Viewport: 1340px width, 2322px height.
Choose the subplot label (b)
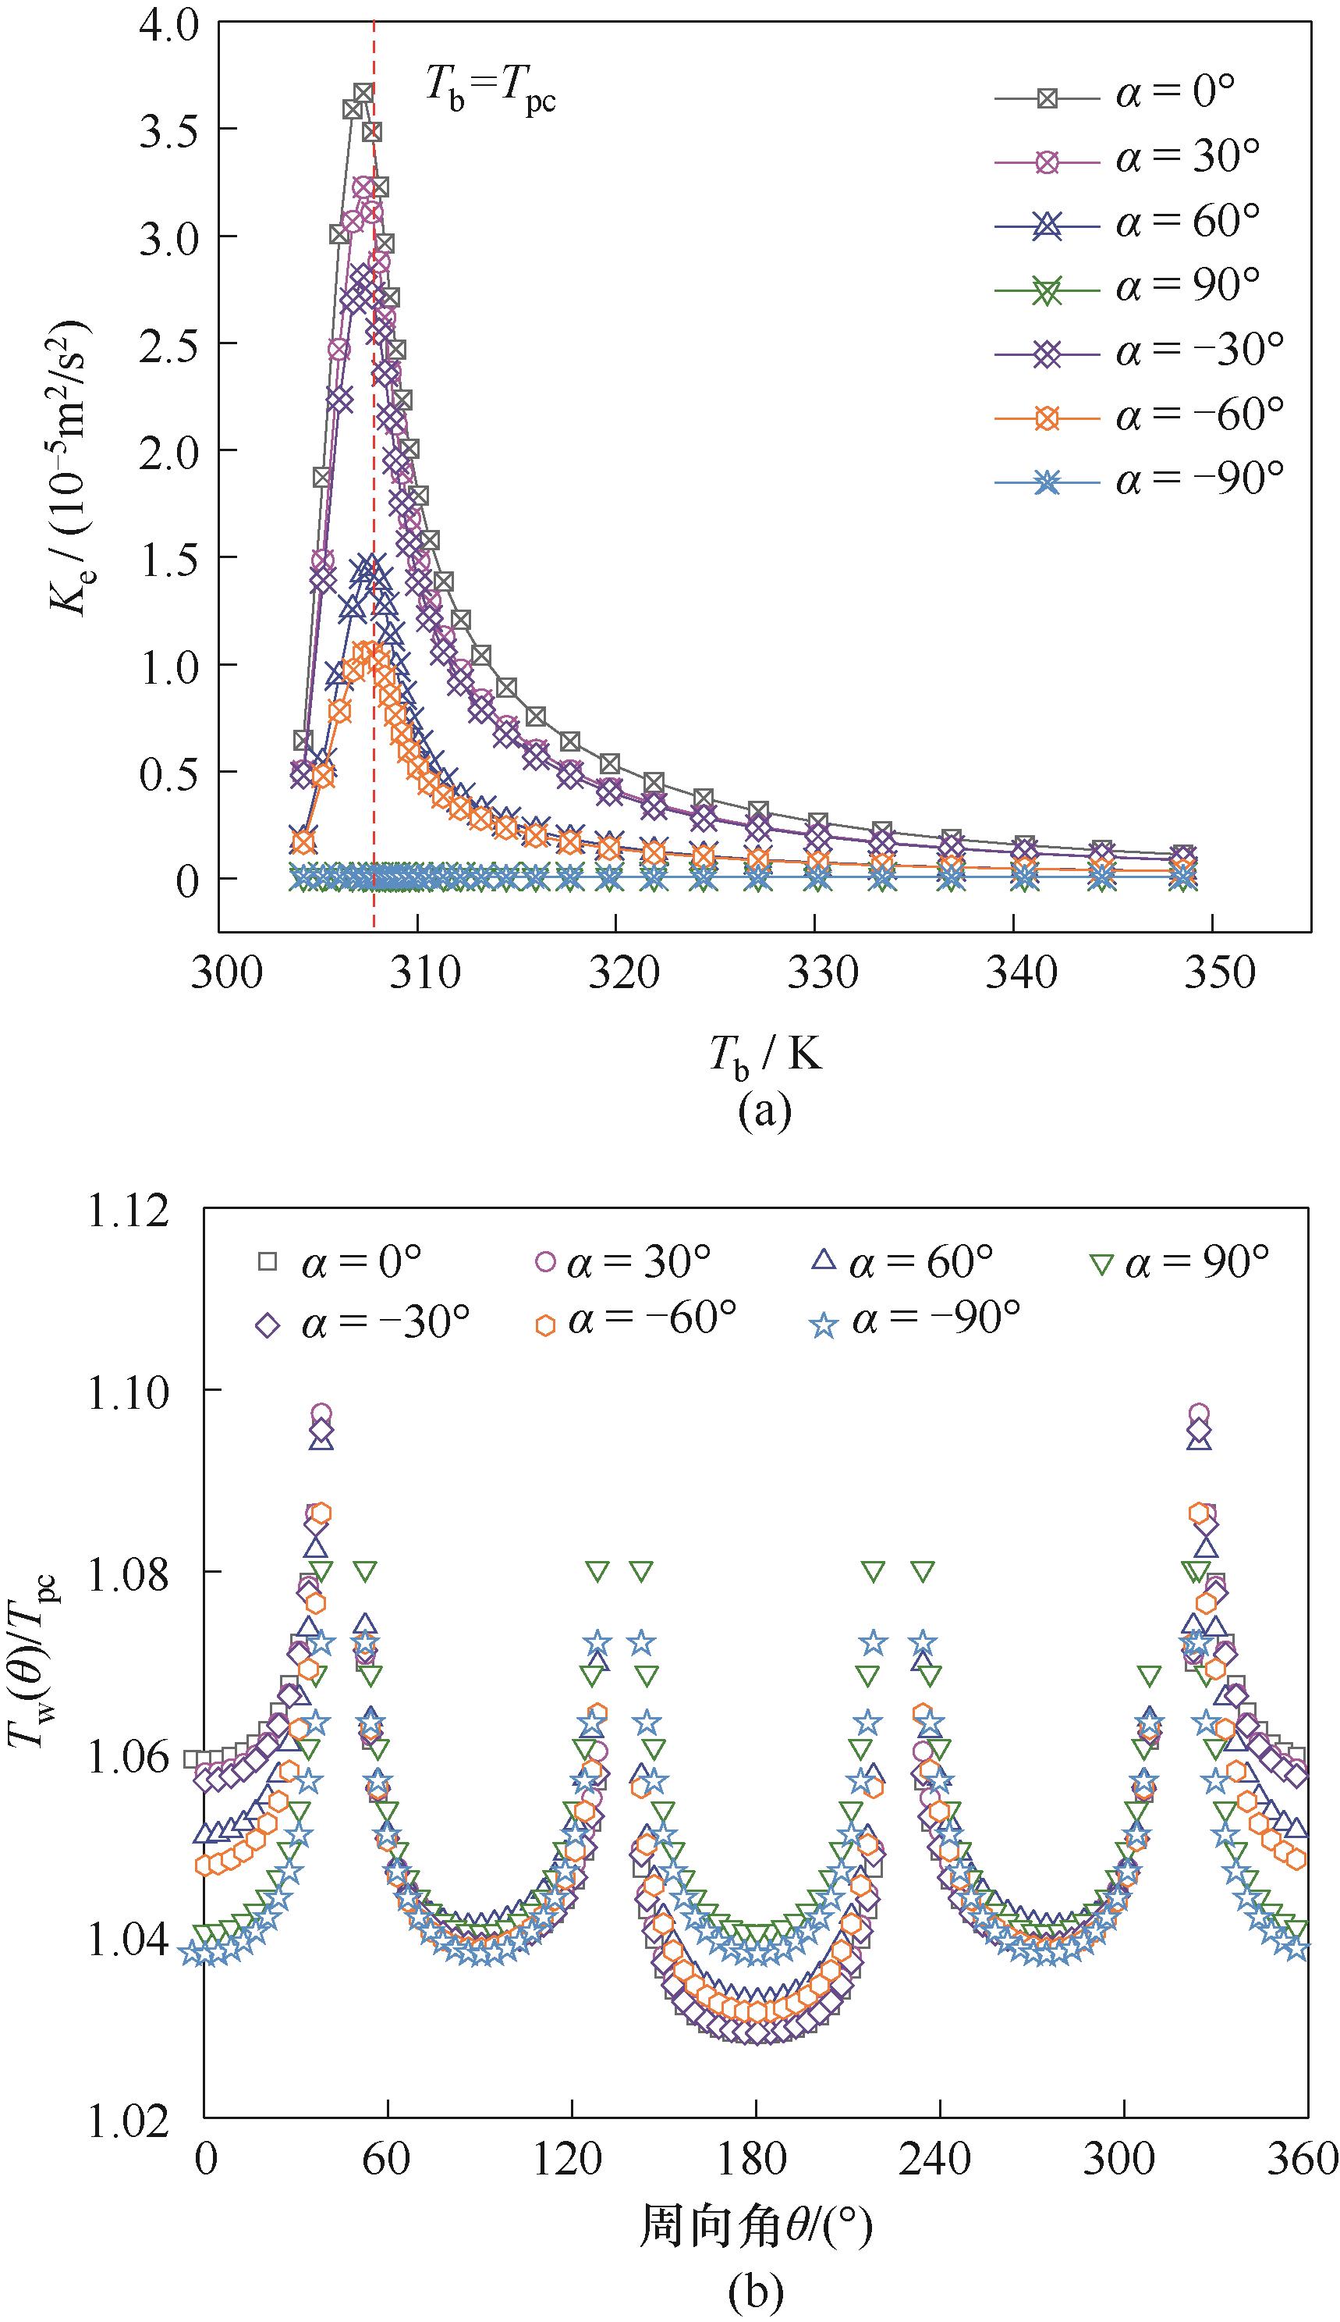[756, 2292]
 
